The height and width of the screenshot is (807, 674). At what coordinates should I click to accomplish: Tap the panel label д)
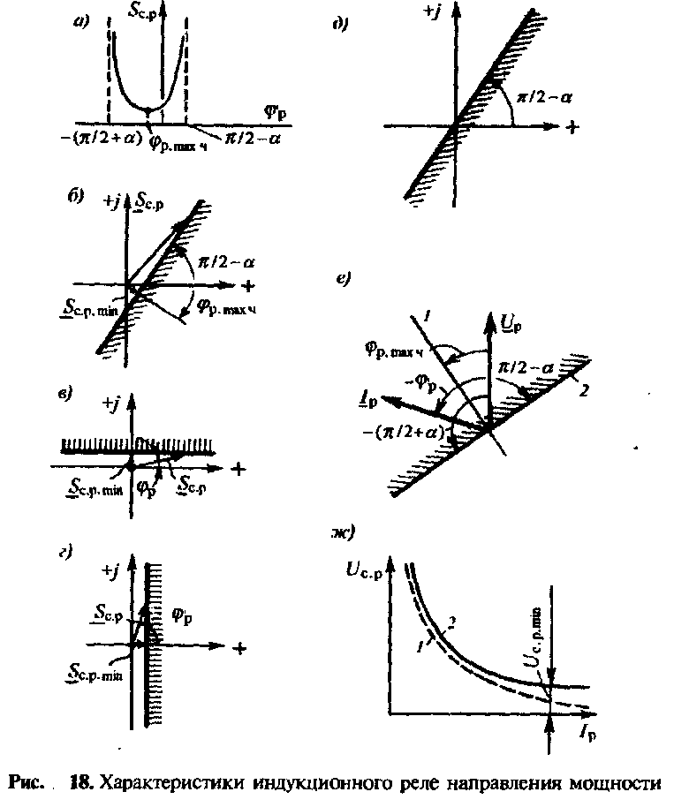[338, 24]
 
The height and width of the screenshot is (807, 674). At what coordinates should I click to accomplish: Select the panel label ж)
[339, 532]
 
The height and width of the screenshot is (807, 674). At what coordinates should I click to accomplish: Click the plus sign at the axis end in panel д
[572, 127]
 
